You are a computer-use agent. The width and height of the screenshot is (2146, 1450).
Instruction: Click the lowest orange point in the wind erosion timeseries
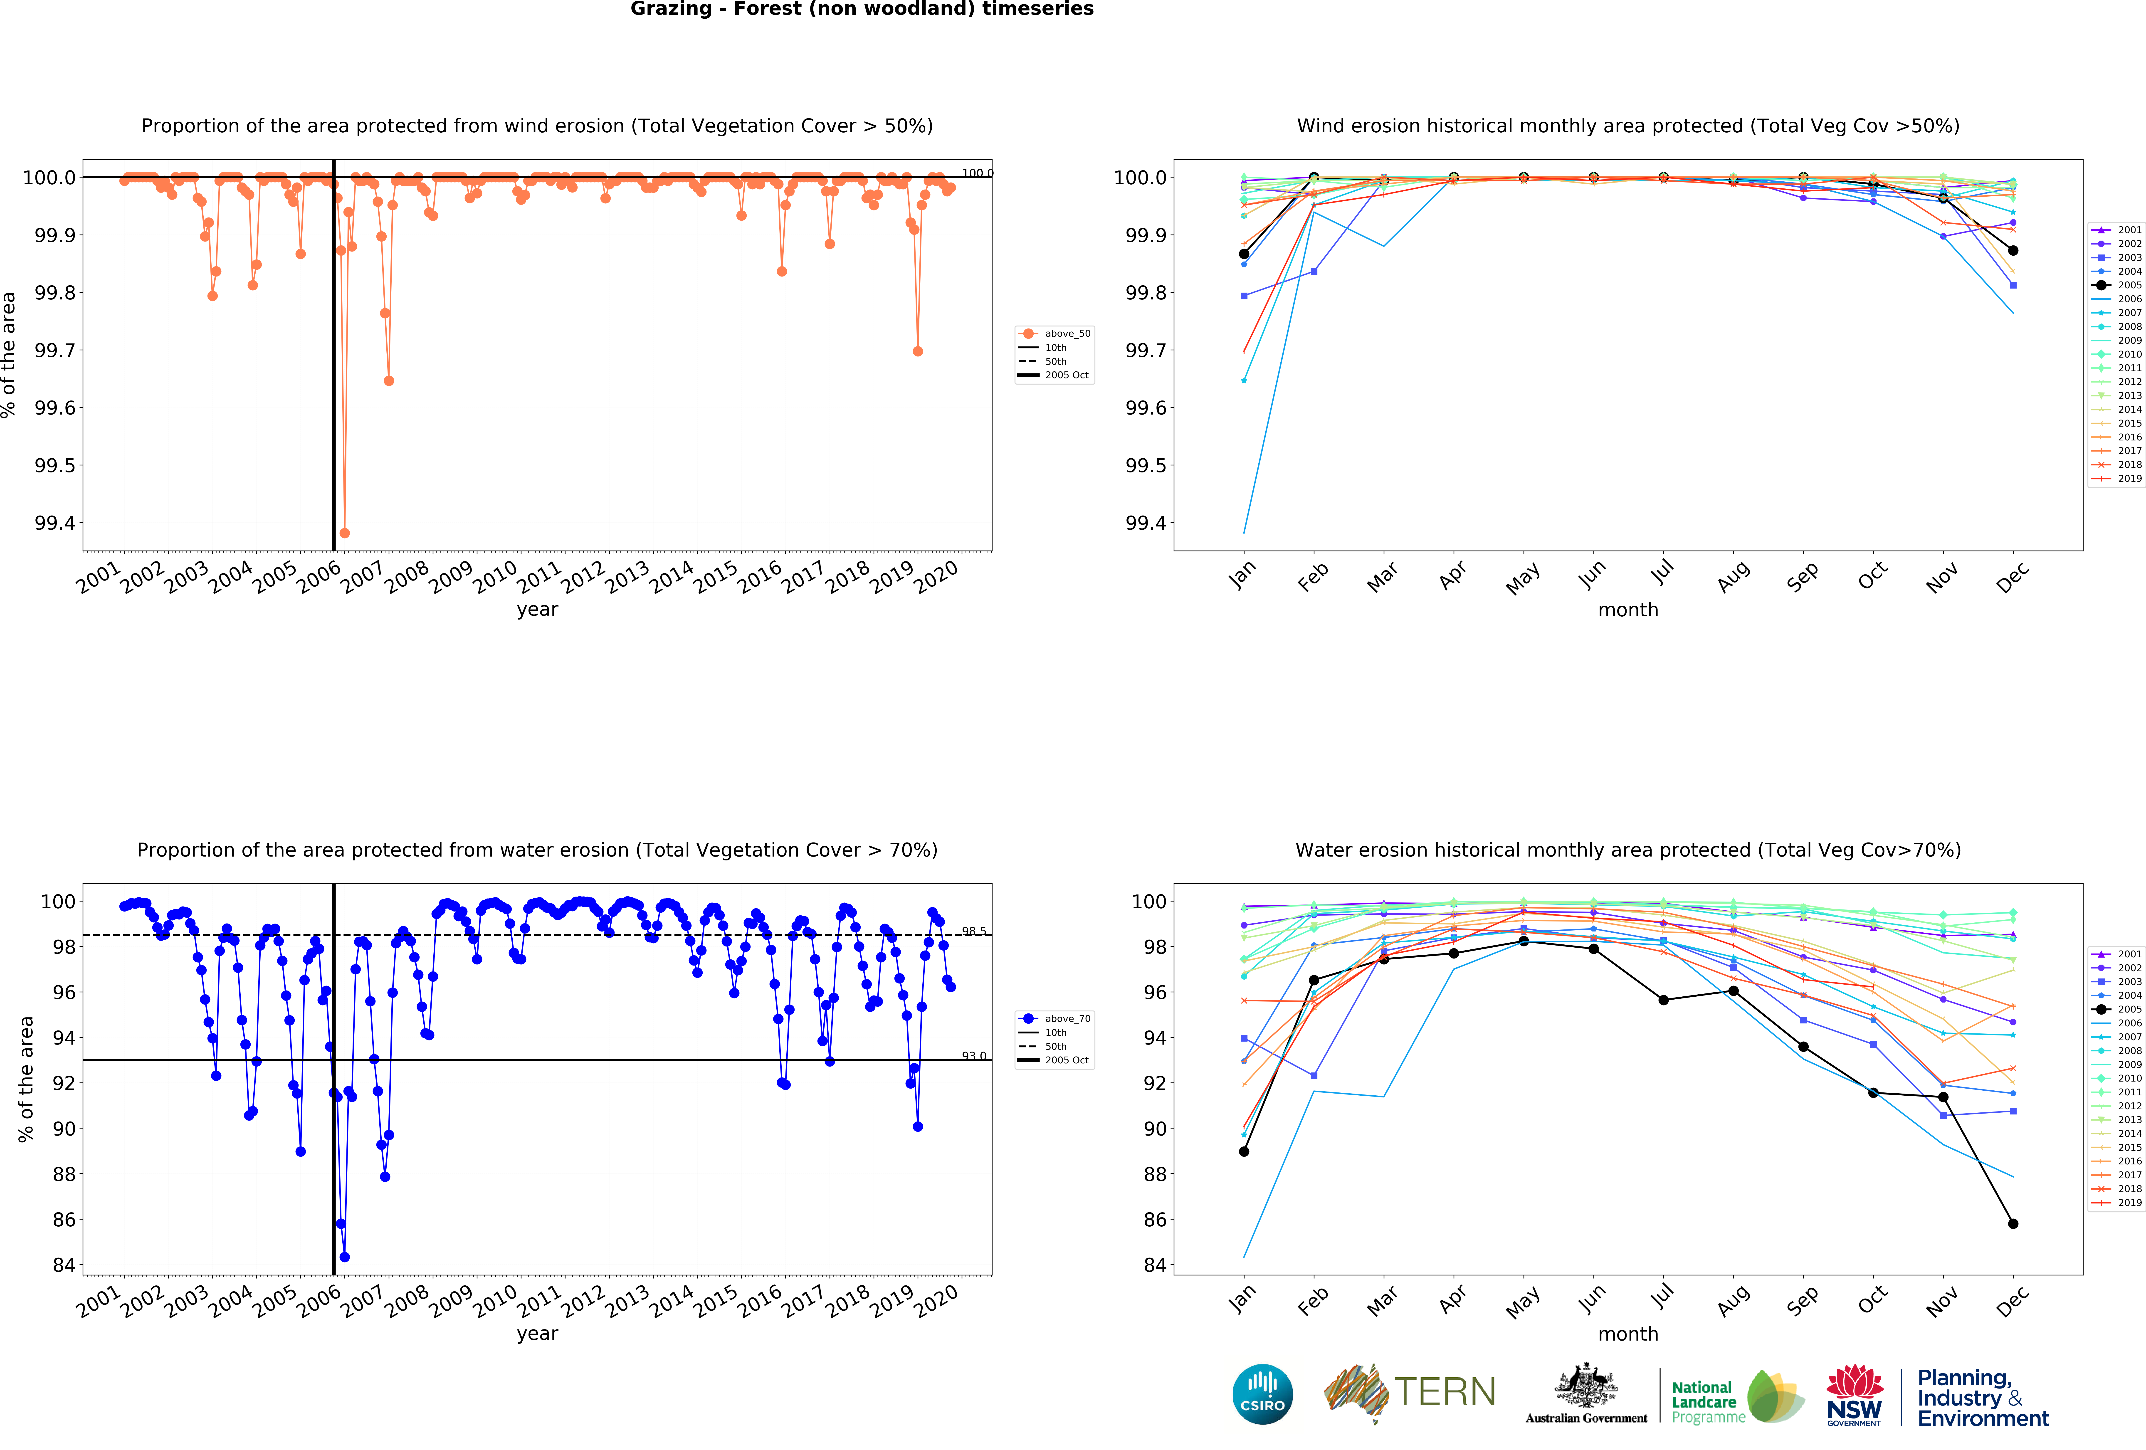pyautogui.click(x=344, y=533)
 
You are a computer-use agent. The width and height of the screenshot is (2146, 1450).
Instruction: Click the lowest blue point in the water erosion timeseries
pyautogui.click(x=344, y=1257)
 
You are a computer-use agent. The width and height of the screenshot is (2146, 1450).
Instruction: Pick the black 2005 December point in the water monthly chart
pyautogui.click(x=2013, y=1224)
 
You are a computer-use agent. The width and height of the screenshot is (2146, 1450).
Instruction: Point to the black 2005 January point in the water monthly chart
pyautogui.click(x=1244, y=1152)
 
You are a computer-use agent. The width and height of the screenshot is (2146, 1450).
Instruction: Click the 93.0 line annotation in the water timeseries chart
pyautogui.click(x=973, y=1056)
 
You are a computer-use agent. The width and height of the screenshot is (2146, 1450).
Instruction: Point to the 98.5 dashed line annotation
pyautogui.click(x=973, y=931)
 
